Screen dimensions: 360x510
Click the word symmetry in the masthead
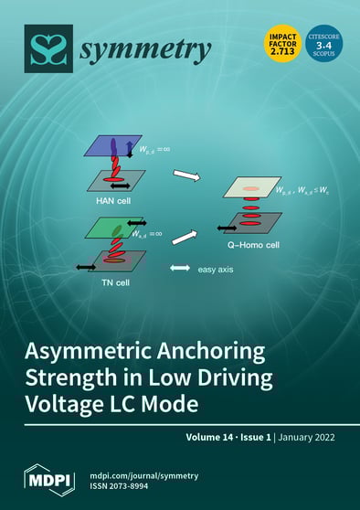tap(145, 53)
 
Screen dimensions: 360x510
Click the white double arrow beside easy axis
tap(180, 269)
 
